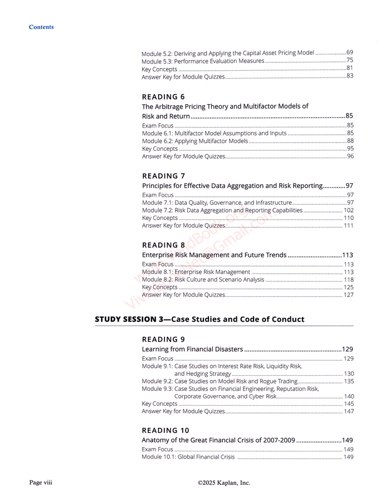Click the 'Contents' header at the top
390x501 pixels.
coord(41,27)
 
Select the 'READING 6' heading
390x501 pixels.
coord(163,96)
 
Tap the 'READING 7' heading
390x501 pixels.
coord(163,176)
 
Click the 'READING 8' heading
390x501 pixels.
coord(163,245)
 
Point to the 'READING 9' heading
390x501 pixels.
coord(163,339)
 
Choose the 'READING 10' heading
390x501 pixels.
coord(165,430)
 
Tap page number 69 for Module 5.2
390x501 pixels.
coord(349,52)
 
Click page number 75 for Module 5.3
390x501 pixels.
coord(349,60)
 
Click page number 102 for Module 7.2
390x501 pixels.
coord(348,210)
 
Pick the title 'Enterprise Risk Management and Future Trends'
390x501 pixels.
coord(214,255)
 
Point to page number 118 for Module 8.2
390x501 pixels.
coord(348,279)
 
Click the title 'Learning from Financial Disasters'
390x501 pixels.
coord(192,349)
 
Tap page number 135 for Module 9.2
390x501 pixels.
coord(348,381)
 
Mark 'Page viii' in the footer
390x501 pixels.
coord(41,483)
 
